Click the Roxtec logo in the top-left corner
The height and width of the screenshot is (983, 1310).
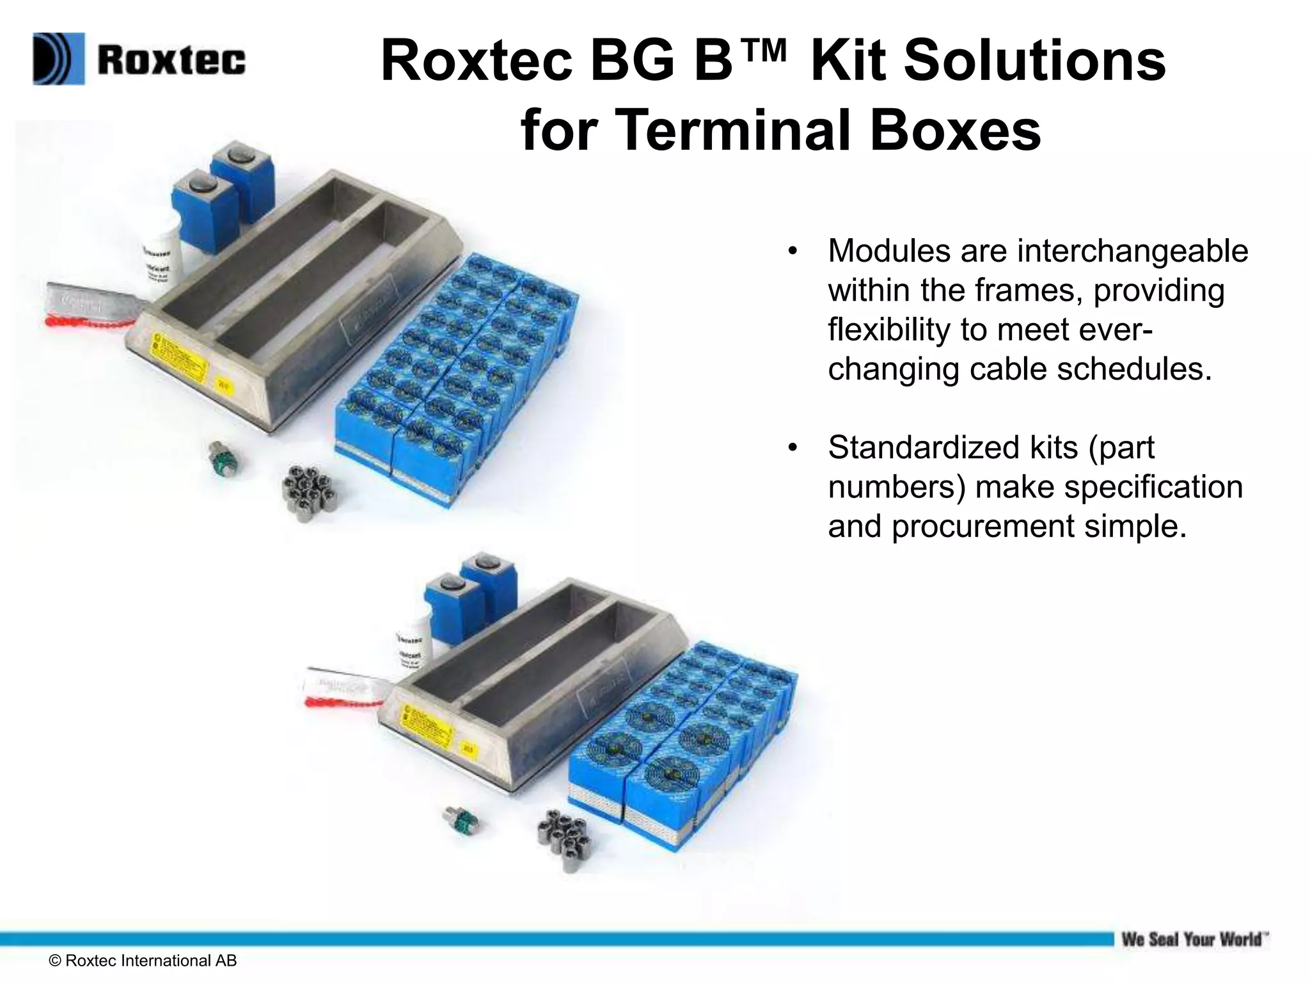139,60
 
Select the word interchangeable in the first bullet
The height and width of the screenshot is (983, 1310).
1132,251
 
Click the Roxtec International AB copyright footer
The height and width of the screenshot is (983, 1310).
143,961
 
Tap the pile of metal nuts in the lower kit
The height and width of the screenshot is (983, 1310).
564,833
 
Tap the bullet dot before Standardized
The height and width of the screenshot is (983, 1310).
793,448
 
